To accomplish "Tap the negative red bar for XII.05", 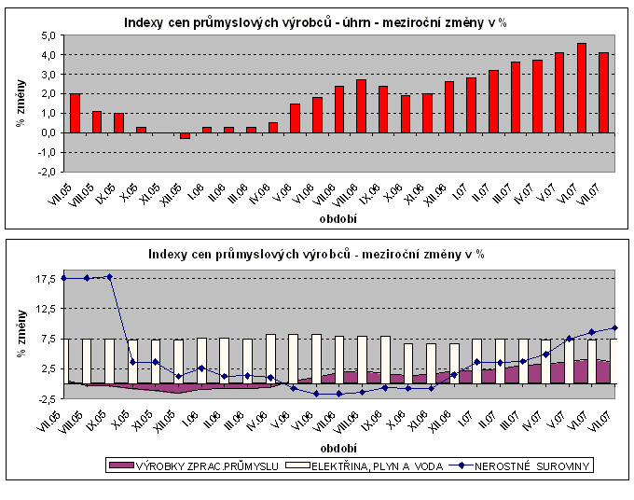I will (185, 135).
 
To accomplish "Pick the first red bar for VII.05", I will (75, 113).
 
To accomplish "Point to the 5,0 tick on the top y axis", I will (48, 35).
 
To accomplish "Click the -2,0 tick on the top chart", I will (47, 172).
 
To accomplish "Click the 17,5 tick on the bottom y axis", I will (46, 278).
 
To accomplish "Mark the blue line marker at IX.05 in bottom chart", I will (110, 276).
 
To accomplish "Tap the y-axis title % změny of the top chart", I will (19, 103).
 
